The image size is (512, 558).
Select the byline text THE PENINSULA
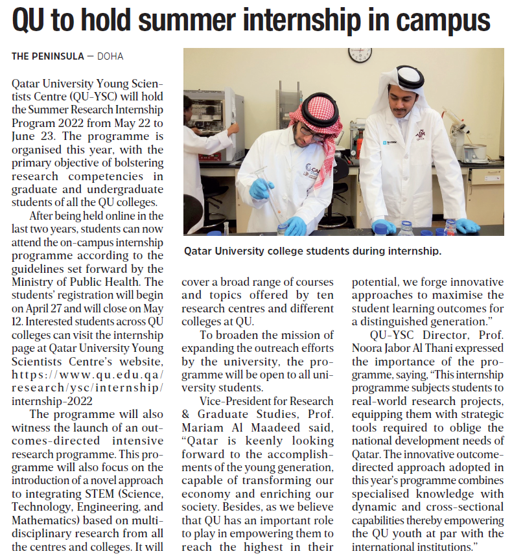48,56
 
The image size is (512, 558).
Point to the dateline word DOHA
110,56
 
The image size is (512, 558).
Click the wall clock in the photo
360,54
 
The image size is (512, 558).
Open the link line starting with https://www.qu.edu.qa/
87,375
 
